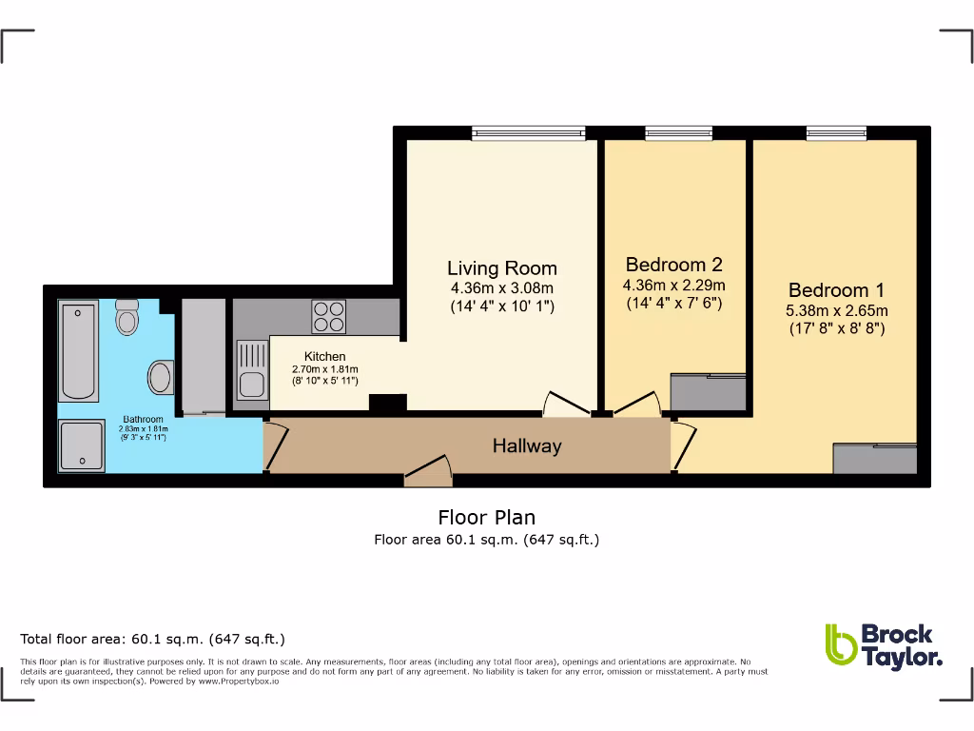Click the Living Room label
pyautogui.click(x=502, y=268)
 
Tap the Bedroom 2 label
pyautogui.click(x=673, y=265)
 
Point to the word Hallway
pyautogui.click(x=526, y=445)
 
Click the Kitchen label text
pyautogui.click(x=324, y=356)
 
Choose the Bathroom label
pyautogui.click(x=143, y=419)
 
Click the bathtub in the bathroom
pyautogui.click(x=78, y=350)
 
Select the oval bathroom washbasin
pyautogui.click(x=161, y=376)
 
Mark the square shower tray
pyautogui.click(x=81, y=446)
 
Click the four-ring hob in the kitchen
pyautogui.click(x=329, y=316)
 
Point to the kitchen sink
pyautogui.click(x=251, y=370)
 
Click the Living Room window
pyautogui.click(x=528, y=133)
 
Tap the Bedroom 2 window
pyautogui.click(x=678, y=133)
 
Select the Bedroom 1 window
pyautogui.click(x=836, y=133)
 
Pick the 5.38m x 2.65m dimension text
pyautogui.click(x=836, y=310)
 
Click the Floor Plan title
pyautogui.click(x=486, y=518)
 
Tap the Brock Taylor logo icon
pyautogui.click(x=840, y=645)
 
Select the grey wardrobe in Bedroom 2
pyautogui.click(x=708, y=390)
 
